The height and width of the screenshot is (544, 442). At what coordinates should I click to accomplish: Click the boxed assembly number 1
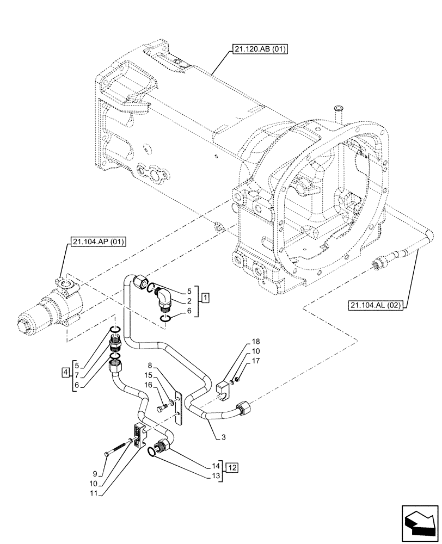[x=204, y=298]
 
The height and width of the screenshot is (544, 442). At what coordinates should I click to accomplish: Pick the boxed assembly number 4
[x=66, y=373]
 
